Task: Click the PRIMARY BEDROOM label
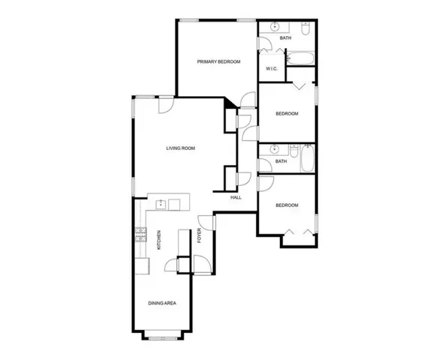[218, 61]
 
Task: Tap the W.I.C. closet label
[272, 70]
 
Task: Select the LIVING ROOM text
[181, 148]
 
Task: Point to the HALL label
[236, 197]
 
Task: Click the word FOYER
[200, 235]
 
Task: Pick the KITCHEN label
[159, 240]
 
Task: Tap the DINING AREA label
[162, 303]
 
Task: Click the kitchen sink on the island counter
[160, 202]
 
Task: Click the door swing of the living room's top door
[165, 104]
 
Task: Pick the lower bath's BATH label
[281, 161]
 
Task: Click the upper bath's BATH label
[285, 37]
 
